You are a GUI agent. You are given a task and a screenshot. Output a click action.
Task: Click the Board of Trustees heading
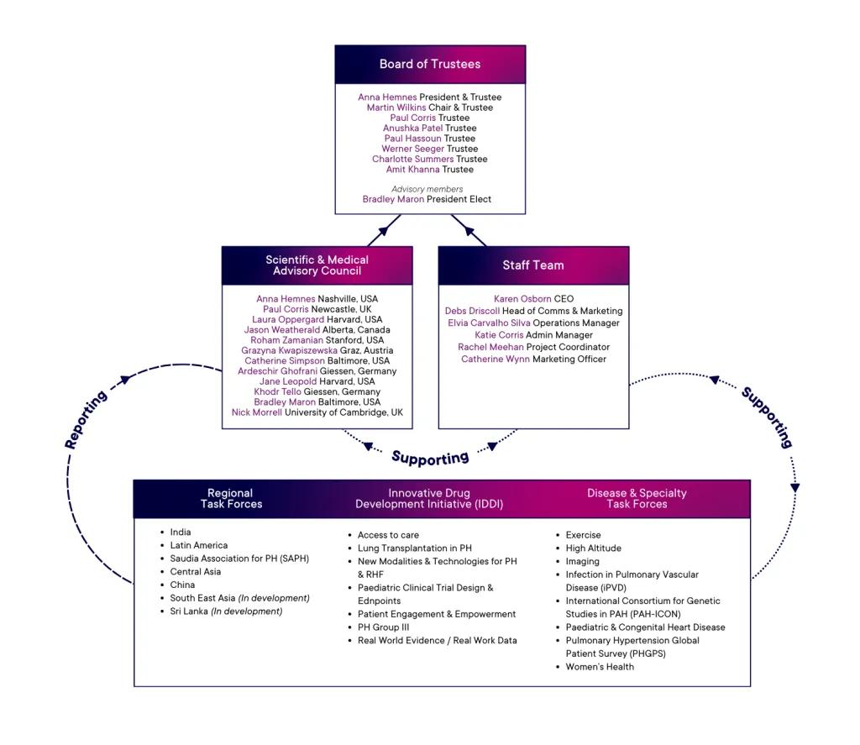430,64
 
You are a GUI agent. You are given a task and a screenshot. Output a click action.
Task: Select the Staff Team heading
533,265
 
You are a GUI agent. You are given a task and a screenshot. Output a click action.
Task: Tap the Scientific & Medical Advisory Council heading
317,265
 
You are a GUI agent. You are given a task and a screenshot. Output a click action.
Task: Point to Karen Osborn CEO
533,299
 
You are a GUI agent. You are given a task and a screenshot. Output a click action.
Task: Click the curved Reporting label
87,420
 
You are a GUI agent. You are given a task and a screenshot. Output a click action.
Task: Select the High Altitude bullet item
593,548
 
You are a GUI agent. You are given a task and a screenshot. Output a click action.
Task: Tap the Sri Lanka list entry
225,611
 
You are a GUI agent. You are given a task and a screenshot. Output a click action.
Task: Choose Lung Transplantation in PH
414,548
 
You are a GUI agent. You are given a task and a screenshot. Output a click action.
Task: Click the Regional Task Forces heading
231,499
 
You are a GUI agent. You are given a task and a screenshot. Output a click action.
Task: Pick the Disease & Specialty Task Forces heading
637,499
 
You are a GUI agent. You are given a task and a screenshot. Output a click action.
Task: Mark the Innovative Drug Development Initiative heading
429,499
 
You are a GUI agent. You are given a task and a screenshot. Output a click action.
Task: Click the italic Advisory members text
427,189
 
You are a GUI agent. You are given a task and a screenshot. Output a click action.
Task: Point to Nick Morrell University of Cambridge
317,412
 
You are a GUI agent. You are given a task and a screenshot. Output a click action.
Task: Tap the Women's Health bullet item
600,667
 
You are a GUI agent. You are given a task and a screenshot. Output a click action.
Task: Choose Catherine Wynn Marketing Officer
533,359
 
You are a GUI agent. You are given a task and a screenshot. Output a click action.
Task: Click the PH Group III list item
383,627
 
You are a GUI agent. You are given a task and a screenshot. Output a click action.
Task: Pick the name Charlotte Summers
413,159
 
